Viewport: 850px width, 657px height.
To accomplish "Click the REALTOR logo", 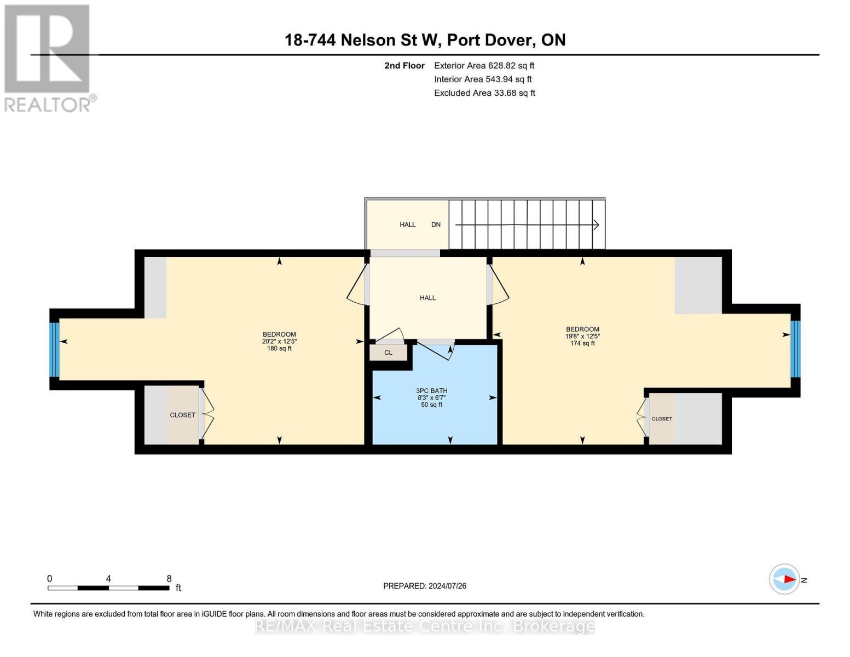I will pos(48,58).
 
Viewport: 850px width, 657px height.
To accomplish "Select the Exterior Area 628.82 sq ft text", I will pos(484,65).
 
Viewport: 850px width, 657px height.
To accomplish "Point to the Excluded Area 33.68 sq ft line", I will pos(484,93).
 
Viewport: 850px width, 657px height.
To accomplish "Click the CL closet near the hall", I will pos(388,353).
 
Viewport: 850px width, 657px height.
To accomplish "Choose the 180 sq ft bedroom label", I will pos(279,341).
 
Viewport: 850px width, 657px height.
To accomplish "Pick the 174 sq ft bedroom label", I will pos(582,336).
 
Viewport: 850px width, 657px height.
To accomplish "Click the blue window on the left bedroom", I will pos(54,349).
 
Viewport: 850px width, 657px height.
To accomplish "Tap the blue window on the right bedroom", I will pos(795,349).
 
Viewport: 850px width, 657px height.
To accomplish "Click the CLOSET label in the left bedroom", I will pos(182,415).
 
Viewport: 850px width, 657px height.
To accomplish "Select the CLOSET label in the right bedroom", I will pos(661,419).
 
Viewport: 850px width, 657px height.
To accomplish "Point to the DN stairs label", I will pos(436,224).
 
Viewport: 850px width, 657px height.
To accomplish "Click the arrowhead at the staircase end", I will pos(596,224).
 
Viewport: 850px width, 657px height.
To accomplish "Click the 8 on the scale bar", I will pos(169,579).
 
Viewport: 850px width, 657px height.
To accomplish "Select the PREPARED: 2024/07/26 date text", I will pos(425,586).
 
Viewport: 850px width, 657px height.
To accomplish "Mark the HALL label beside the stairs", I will pos(407,224).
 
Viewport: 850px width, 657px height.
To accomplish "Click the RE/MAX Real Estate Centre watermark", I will pos(425,626).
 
